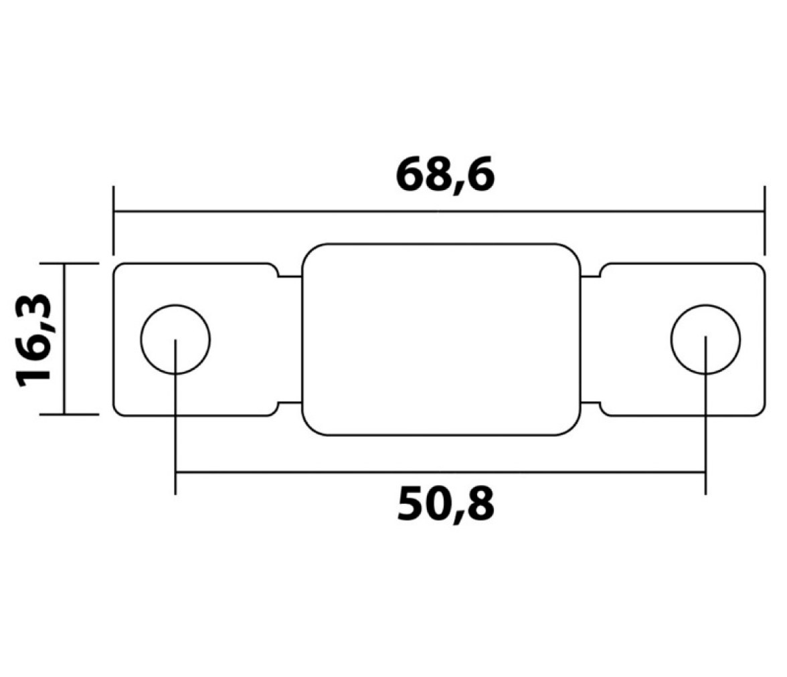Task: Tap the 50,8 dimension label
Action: click(x=446, y=505)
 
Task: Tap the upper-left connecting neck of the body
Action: click(x=290, y=276)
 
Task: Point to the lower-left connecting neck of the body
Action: click(x=290, y=403)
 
